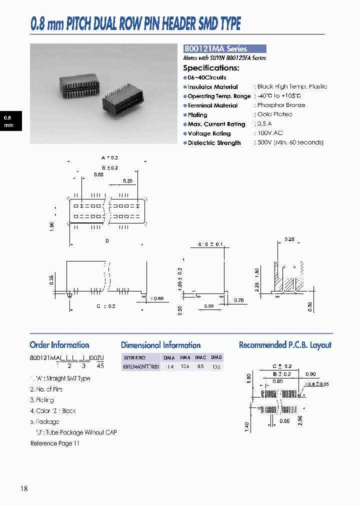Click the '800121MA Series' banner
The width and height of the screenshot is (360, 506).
224,49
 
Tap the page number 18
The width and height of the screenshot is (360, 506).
24,488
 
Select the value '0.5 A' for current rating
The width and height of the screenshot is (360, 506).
264,124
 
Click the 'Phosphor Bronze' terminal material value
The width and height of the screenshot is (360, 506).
281,105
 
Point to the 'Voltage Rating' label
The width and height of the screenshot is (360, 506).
209,133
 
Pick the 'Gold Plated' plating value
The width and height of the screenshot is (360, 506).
274,114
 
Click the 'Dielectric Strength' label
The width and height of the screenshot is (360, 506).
214,143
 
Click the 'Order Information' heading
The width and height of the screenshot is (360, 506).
59,345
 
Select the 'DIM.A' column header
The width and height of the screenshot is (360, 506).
169,357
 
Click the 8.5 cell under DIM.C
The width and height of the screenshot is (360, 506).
200,367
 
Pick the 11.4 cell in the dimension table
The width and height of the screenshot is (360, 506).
169,367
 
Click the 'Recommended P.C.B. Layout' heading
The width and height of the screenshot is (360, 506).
285,345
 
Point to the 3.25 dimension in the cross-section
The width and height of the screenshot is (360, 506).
289,239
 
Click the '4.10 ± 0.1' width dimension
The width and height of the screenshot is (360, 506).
210,244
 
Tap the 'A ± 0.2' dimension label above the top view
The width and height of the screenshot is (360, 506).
109,158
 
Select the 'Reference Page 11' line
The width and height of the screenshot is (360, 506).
55,443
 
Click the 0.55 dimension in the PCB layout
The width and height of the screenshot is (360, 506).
285,421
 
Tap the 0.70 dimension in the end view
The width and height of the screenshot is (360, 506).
239,300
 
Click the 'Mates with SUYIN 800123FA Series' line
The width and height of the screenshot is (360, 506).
224,58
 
